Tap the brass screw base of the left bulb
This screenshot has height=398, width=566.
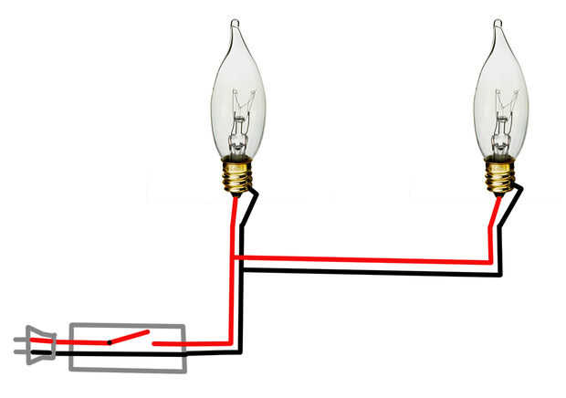click(x=237, y=175)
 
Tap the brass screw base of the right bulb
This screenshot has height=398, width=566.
click(x=499, y=175)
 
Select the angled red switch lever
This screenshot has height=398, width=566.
click(x=128, y=338)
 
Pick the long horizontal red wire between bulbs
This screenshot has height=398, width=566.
click(x=365, y=260)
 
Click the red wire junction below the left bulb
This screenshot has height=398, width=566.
click(x=234, y=258)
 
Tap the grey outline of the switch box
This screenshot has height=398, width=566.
click(x=128, y=326)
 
